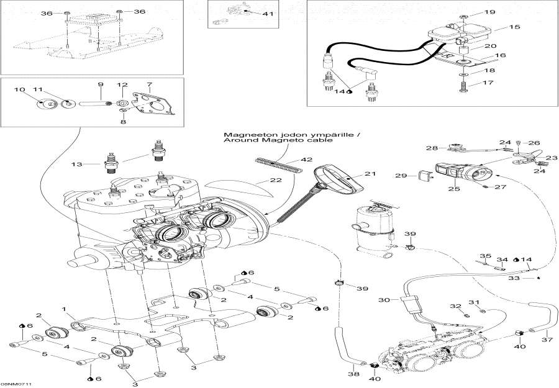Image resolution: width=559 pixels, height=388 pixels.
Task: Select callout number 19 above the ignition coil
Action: point(490,12)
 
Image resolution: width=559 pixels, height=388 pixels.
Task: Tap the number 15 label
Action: point(515,28)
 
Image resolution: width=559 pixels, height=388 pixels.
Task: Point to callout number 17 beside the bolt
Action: point(490,82)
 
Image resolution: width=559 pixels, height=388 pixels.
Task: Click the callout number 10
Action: point(19,90)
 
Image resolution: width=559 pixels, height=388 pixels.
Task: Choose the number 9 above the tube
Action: point(99,84)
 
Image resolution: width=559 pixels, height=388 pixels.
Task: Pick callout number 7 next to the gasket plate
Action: point(149,84)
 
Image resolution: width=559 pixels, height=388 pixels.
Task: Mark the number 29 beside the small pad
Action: point(402,176)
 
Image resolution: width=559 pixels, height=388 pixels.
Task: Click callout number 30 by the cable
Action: point(383,300)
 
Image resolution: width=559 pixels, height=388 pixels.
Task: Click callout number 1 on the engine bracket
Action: point(63,309)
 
